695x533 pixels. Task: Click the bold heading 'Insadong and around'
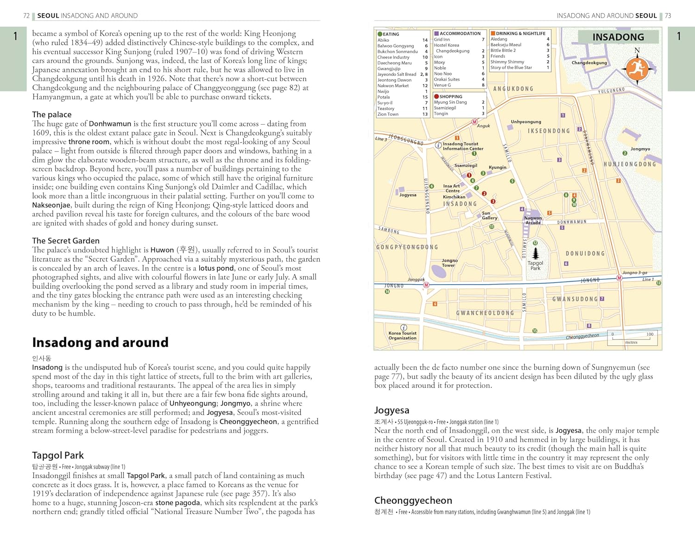pos(100,342)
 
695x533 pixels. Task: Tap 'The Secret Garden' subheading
pos(66,241)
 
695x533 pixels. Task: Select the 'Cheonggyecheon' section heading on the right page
pos(413,501)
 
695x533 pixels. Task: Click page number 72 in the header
pos(26,16)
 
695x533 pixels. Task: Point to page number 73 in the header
pos(668,16)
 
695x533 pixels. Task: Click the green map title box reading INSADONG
pos(618,37)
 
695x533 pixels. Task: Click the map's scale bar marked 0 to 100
pos(632,338)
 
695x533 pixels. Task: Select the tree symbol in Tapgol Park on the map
pos(536,253)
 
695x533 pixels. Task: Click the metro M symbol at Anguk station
pos(474,122)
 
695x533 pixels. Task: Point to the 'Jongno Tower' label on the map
pos(449,263)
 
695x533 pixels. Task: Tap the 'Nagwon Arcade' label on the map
pos(533,220)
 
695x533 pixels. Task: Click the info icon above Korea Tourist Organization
pos(404,327)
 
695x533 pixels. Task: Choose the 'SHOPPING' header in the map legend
pos(450,97)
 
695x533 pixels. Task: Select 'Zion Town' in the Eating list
pos(388,114)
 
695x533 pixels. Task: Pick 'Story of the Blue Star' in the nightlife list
pos(511,68)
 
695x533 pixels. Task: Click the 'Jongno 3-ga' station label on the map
pos(634,273)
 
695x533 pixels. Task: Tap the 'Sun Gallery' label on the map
pos(489,215)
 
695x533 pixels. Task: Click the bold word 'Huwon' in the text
pos(162,250)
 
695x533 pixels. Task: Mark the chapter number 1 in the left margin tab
pos(15,36)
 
